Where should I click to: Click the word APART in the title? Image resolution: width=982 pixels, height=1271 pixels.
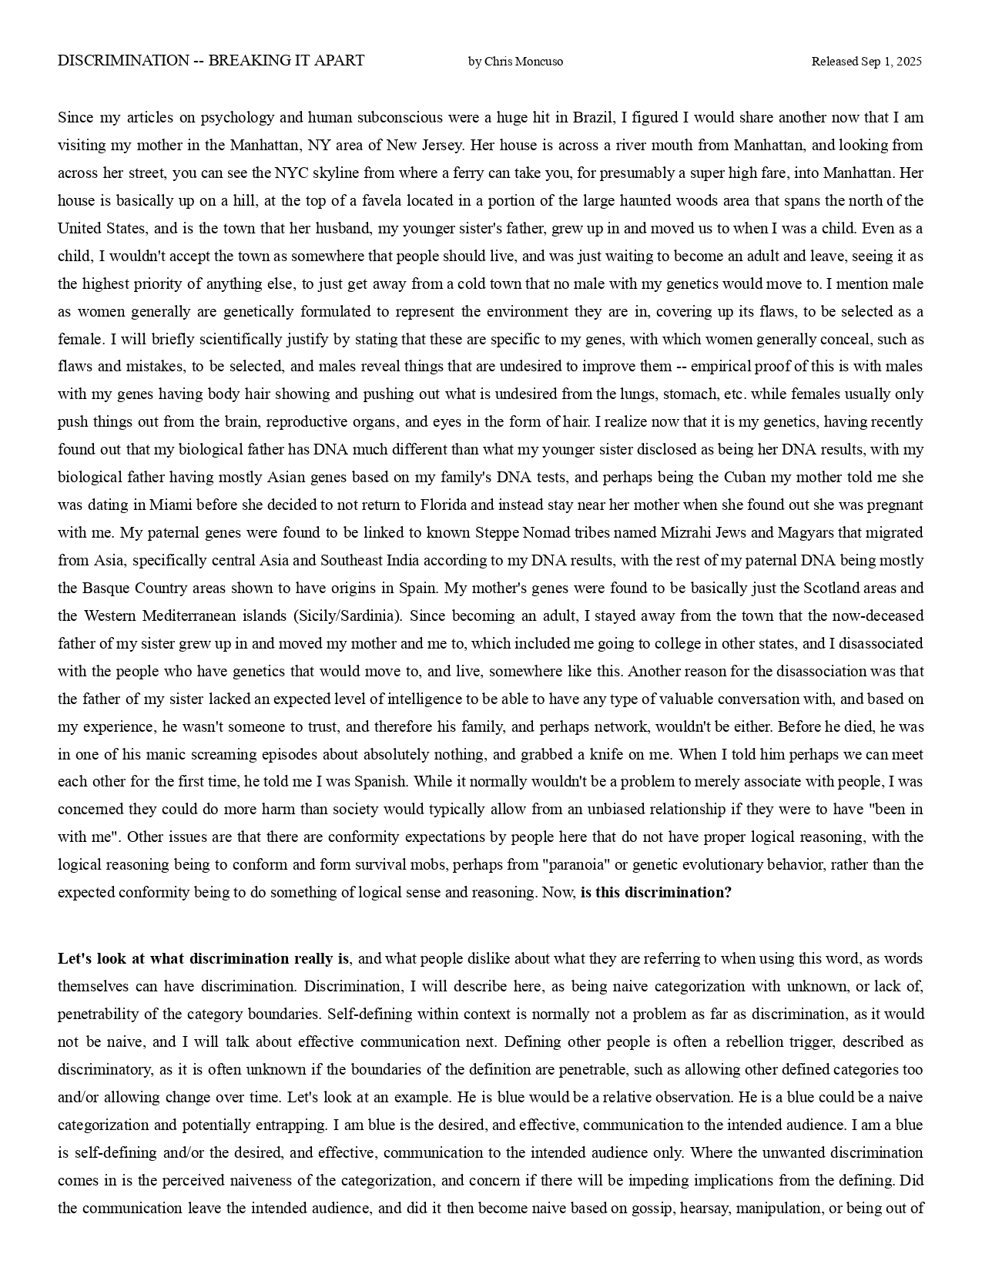click(340, 61)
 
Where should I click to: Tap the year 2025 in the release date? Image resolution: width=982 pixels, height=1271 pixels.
click(908, 62)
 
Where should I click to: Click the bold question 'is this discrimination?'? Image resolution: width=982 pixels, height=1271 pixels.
click(655, 893)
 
